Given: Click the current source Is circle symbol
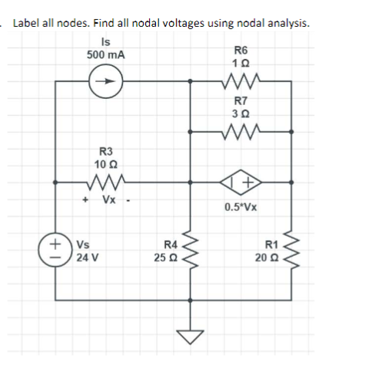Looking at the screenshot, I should click(x=108, y=78).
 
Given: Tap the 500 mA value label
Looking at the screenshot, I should click(x=107, y=55).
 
